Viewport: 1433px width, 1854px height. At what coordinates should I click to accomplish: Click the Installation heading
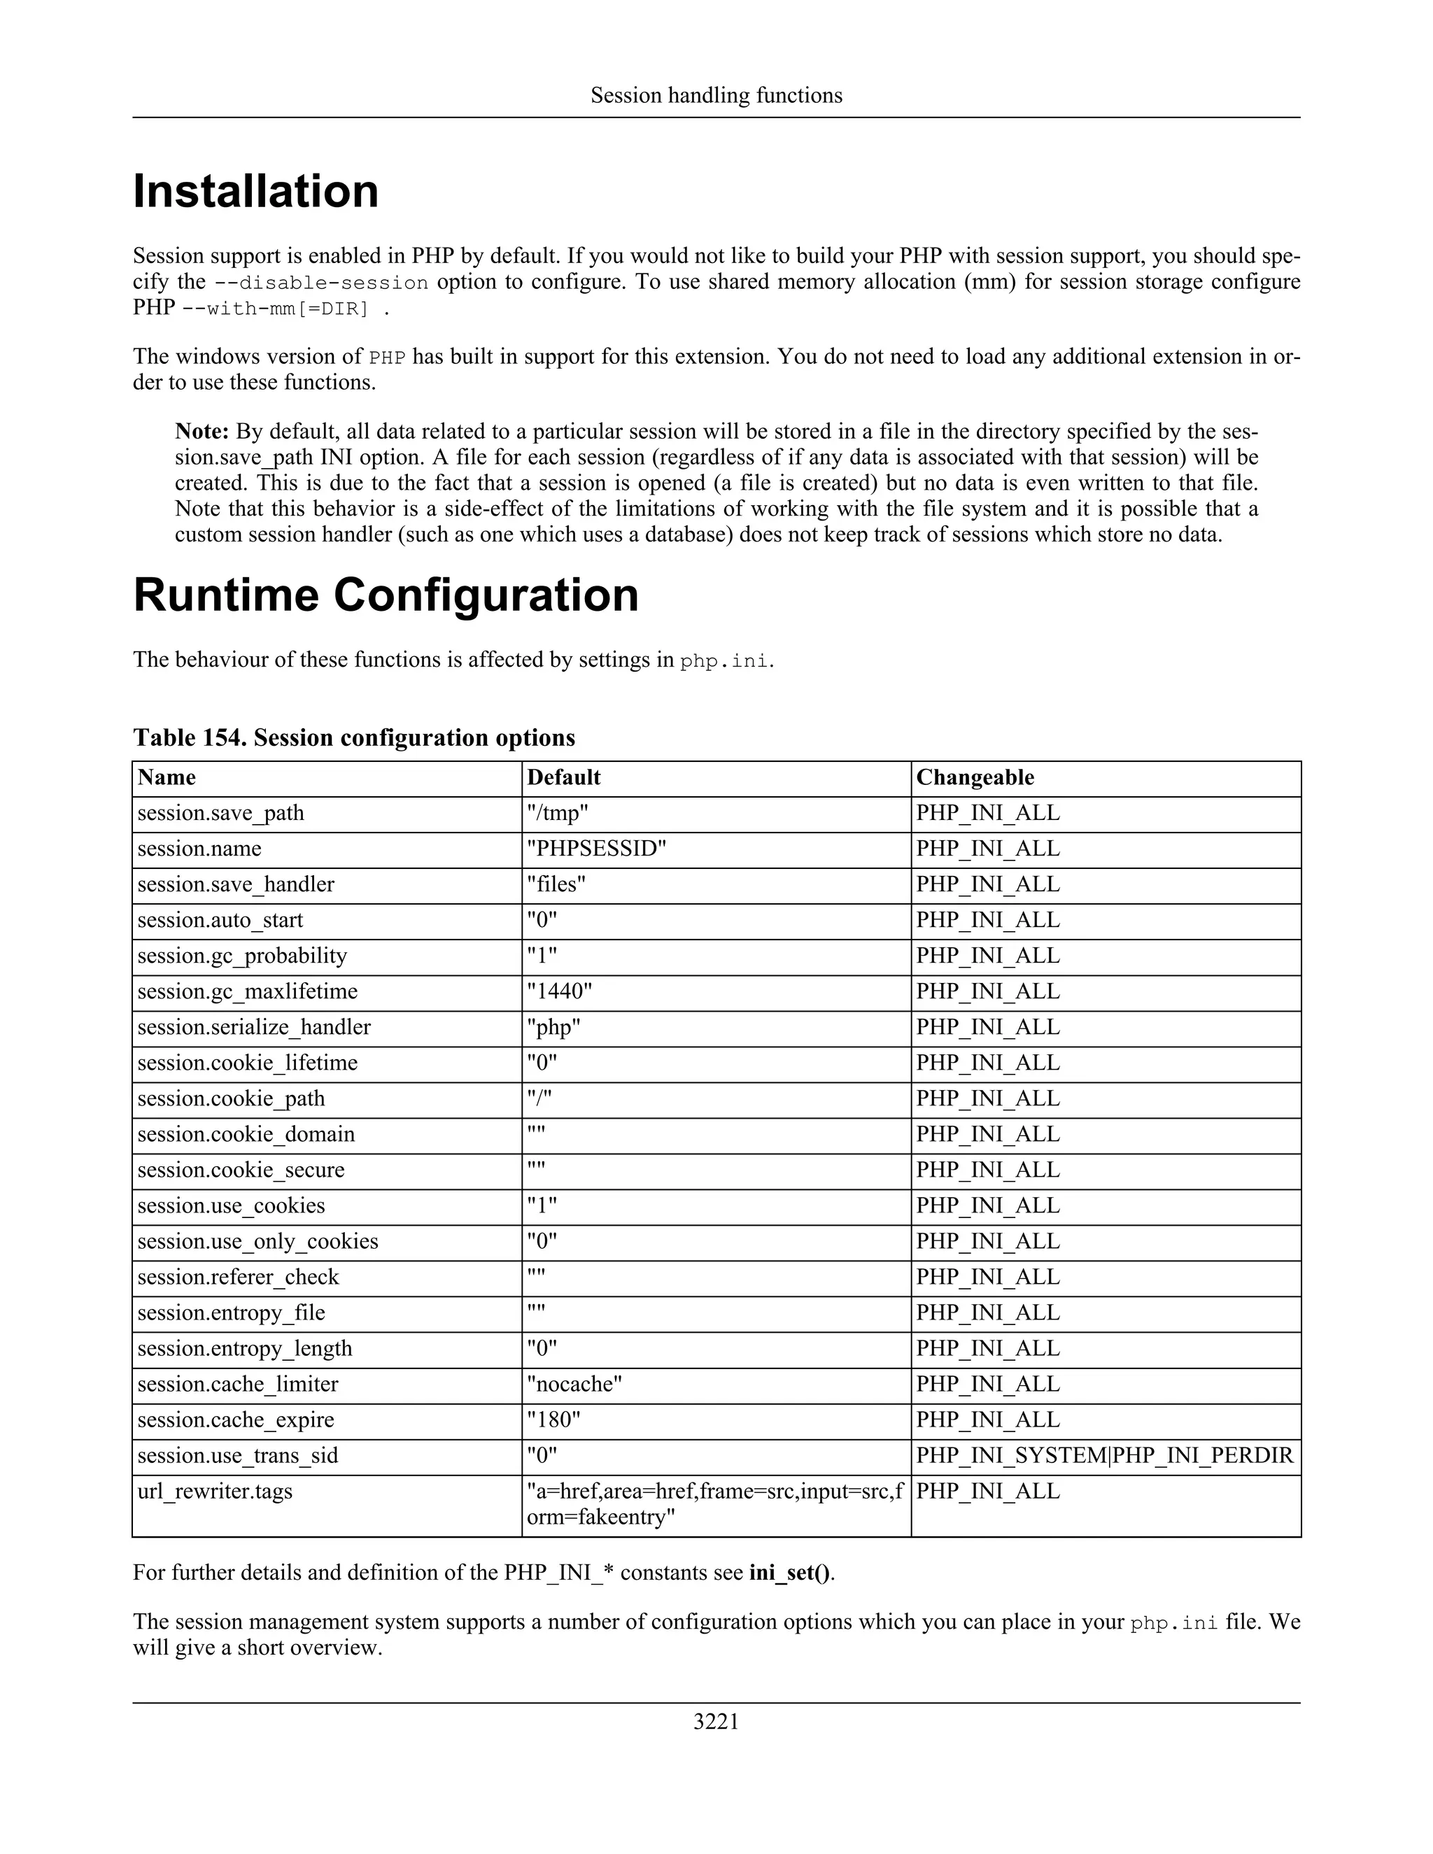(255, 191)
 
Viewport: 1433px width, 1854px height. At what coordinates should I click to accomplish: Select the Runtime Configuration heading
(386, 595)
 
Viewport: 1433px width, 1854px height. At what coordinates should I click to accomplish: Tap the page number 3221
(716, 1722)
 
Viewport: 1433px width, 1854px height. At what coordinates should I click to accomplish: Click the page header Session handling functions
(716, 95)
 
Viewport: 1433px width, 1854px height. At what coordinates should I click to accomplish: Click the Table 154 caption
(353, 737)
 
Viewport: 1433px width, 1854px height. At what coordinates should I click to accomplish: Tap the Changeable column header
(975, 777)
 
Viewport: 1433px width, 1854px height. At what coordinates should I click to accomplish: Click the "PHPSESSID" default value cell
(596, 849)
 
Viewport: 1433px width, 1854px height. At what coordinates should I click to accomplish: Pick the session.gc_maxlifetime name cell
(247, 991)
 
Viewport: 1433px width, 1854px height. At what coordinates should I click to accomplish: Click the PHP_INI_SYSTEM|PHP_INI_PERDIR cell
(1103, 1455)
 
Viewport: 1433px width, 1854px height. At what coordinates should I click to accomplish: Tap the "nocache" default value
(574, 1384)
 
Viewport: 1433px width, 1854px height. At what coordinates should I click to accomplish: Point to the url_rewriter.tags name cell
(214, 1491)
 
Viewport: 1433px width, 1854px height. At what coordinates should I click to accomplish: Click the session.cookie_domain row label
(246, 1134)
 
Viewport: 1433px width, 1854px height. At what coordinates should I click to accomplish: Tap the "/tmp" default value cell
(557, 813)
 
